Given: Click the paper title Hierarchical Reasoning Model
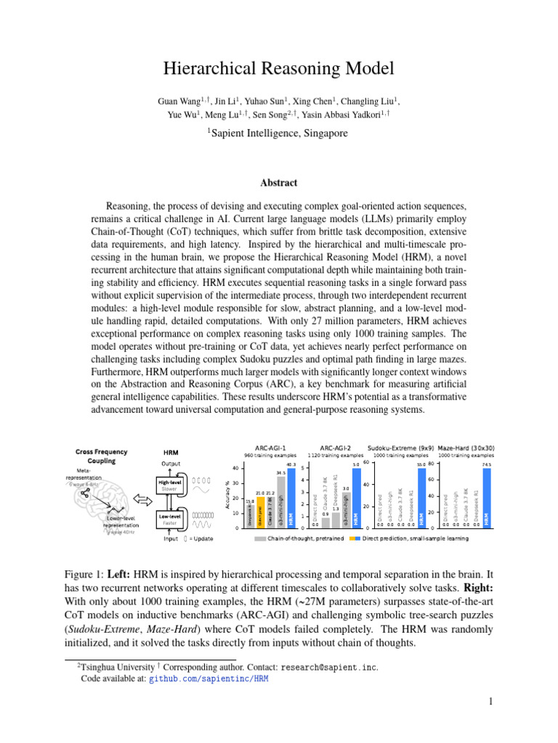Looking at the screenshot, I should point(279,69).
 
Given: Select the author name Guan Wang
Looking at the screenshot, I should point(177,101).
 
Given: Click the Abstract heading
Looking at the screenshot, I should point(279,183).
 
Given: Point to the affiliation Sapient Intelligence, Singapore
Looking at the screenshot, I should point(279,133).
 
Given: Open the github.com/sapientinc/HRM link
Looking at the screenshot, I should point(209,679).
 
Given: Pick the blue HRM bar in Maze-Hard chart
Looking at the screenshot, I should point(486,498).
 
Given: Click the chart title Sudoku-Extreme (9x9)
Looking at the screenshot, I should point(400,448).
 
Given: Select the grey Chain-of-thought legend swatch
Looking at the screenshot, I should point(260,538).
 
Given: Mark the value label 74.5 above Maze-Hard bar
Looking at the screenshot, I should point(486,465).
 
